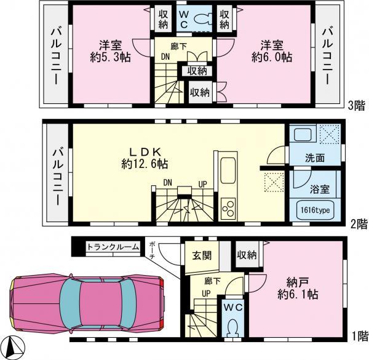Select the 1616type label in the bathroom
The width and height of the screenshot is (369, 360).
(x=315, y=210)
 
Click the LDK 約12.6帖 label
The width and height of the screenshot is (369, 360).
(x=146, y=158)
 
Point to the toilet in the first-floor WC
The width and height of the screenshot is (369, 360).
(x=232, y=328)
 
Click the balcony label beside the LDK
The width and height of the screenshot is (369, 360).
(x=57, y=174)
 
